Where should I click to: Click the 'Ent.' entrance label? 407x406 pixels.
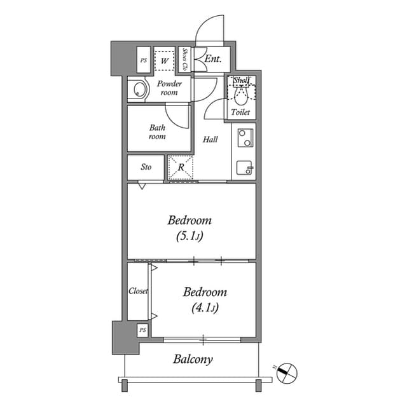point(213,60)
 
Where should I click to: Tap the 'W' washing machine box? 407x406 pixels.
point(165,60)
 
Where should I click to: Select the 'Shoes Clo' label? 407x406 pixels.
point(185,60)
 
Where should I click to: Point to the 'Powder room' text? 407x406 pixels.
point(170,88)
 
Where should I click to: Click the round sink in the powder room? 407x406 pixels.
point(137,90)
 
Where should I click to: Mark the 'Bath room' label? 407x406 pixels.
point(157,132)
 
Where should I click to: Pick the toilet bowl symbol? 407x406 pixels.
point(240,95)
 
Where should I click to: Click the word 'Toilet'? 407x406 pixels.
point(240,112)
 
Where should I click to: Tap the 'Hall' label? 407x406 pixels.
point(210,140)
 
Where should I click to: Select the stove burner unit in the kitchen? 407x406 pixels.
point(244,138)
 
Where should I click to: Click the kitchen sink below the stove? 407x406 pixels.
point(244,168)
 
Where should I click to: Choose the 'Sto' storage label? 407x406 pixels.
point(146,168)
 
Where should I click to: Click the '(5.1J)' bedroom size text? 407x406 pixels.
point(190,237)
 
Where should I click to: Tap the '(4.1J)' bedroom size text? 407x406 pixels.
point(205,309)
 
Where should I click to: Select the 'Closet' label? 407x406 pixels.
point(138,291)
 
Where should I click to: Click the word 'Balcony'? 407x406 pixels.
point(193,360)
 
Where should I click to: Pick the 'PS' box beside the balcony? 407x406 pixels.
point(142,330)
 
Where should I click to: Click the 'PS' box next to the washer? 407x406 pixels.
point(143,61)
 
